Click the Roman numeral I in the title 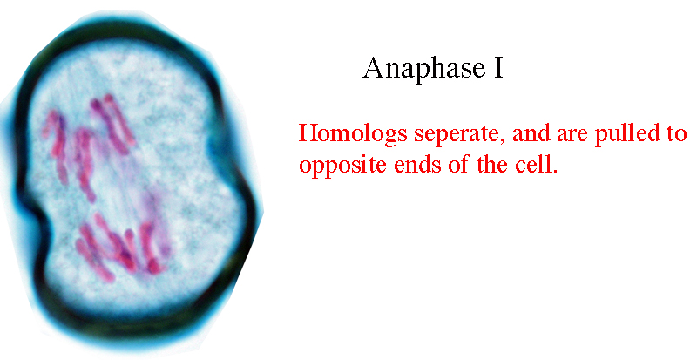[x=499, y=68]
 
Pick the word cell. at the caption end [x=536, y=164]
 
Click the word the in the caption [x=492, y=164]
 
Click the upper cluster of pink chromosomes [x=89, y=142]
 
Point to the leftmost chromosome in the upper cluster [x=56, y=146]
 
